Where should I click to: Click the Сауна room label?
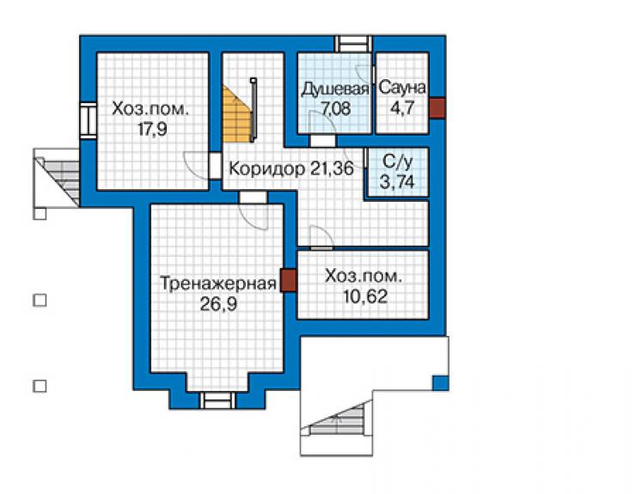coord(402,88)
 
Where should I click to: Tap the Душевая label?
coord(334,89)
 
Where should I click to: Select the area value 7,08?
coord(335,109)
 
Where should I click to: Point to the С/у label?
coord(398,162)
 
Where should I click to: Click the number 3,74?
coord(397,181)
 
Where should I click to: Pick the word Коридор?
coord(267,168)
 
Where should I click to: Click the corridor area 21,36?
coord(332,168)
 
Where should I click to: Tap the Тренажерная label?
coord(218,284)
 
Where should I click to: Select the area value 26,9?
coord(218,303)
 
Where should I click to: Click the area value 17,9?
coord(152,129)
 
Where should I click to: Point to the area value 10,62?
coord(365,296)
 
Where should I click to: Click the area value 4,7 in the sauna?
coord(402,108)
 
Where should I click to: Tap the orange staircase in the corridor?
coord(235,114)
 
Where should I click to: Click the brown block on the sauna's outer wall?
coord(437,108)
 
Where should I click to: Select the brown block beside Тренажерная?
coord(288,281)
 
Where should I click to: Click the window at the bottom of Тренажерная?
coord(217,399)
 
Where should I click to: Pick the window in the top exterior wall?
coord(352,44)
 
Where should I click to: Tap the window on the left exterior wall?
coord(88,120)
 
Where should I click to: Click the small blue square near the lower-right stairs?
coord(440,383)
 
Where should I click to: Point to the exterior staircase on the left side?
coord(57,178)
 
